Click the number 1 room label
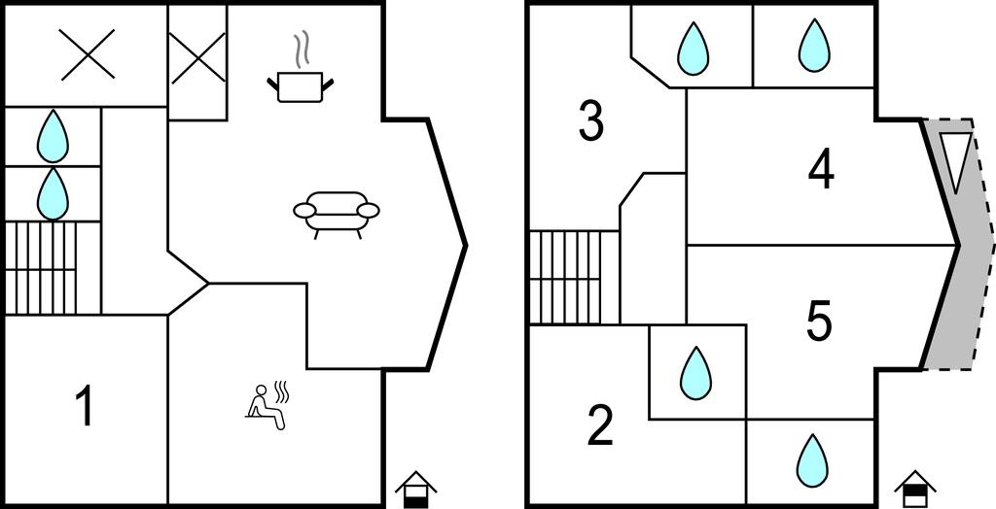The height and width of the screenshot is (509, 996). point(86,407)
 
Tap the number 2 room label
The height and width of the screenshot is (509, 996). point(600,425)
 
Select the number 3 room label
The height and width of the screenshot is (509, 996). point(590,122)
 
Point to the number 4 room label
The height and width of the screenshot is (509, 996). point(821,171)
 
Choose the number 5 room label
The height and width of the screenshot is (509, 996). point(819,321)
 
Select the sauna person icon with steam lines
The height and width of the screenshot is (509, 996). point(267,403)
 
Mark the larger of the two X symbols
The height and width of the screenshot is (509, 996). point(87,54)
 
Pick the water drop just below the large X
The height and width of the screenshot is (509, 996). point(53,136)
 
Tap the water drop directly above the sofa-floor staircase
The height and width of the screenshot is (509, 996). point(53,193)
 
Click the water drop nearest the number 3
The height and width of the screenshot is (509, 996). point(693,48)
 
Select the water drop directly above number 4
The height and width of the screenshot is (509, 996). point(814,46)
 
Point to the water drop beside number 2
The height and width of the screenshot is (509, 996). point(696,372)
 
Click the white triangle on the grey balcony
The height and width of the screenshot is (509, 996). point(955,160)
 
